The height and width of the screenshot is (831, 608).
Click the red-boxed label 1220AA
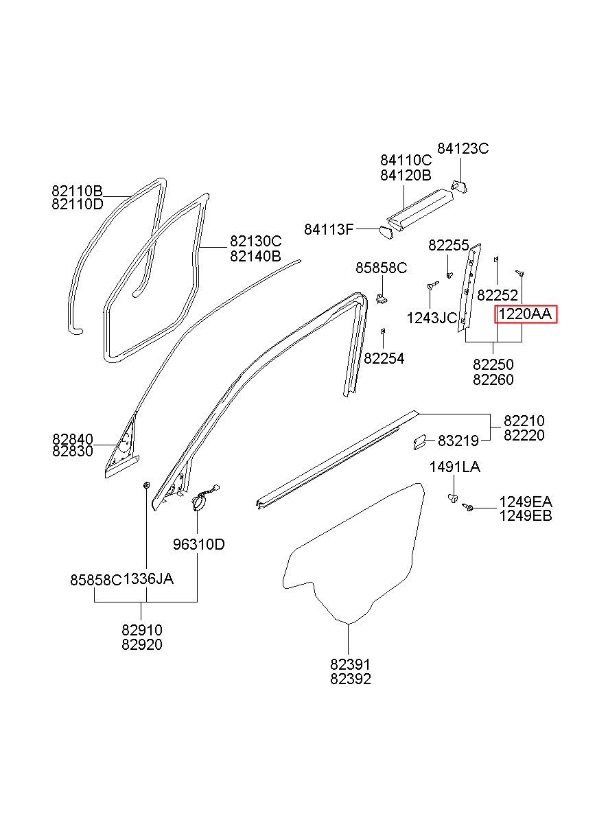[x=525, y=314]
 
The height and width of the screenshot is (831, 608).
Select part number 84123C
[x=463, y=148]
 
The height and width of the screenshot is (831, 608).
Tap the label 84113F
[x=329, y=230]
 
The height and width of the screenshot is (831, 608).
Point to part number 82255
[x=449, y=245]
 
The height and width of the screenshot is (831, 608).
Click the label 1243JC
[x=432, y=318]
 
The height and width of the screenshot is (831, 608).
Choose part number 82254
[x=384, y=358]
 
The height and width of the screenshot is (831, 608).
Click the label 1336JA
[x=148, y=578]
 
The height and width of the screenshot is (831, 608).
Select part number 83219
[x=458, y=441]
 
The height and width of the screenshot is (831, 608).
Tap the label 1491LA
[x=455, y=467]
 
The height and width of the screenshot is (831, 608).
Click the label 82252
[x=497, y=295]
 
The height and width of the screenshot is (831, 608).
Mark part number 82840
[x=73, y=439]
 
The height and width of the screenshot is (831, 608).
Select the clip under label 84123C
[x=460, y=186]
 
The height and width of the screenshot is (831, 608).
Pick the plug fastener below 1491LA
[x=453, y=499]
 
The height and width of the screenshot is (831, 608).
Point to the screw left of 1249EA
[x=467, y=507]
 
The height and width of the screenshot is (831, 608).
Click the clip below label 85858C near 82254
[x=381, y=298]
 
